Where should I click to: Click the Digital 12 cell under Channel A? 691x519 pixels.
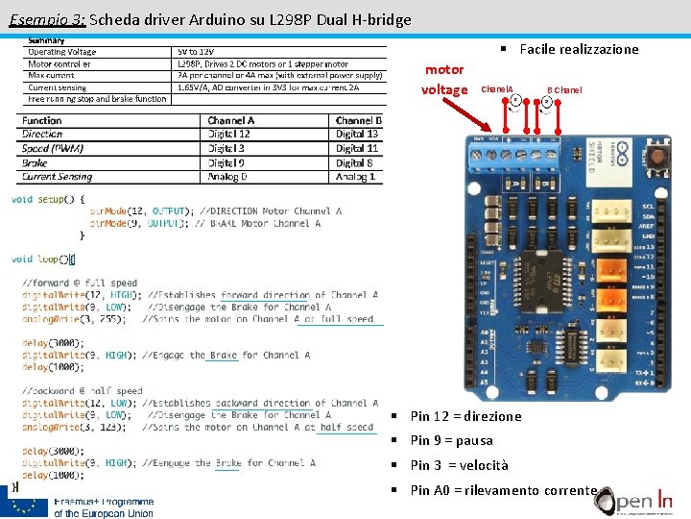tap(229, 135)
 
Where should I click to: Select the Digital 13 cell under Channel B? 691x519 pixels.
tap(357, 135)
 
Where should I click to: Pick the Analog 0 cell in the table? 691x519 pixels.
tap(227, 177)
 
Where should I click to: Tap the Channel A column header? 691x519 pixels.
tap(231, 121)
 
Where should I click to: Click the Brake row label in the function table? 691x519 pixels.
tap(35, 163)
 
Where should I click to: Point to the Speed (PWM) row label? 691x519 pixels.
tap(53, 149)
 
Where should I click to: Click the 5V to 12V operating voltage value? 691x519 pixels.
tap(196, 52)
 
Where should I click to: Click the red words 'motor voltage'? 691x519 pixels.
tap(444, 80)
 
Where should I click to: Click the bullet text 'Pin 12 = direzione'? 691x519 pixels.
tap(465, 416)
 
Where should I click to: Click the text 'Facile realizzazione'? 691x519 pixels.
tap(579, 50)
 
